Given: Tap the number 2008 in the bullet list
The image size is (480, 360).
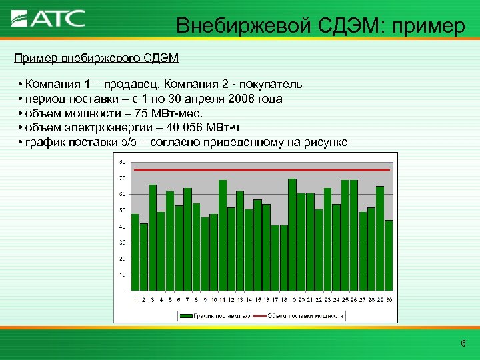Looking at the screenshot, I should [241, 99].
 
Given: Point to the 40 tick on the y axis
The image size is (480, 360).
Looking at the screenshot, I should [122, 227].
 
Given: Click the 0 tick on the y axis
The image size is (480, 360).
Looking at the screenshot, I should [123, 291].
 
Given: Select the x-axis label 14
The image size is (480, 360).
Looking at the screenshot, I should [248, 300].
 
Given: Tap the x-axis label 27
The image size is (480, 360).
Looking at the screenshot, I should [362, 300].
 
